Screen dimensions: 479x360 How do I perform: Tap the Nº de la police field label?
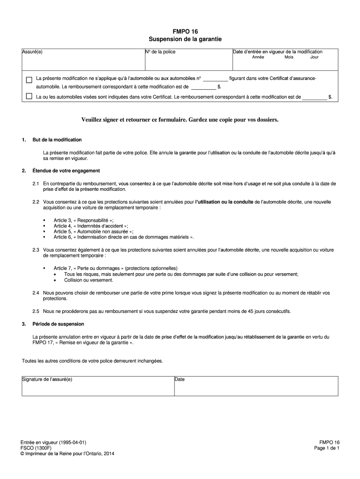click(160, 51)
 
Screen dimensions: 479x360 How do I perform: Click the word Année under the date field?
click(258, 57)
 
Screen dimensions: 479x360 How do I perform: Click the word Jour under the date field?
click(314, 57)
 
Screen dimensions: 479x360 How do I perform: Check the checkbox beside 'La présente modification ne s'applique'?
click(29, 80)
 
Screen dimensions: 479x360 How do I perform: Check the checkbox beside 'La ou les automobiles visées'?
click(29, 97)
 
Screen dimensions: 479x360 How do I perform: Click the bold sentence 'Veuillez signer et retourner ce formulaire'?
click(180, 120)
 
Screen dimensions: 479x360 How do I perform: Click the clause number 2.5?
click(36, 311)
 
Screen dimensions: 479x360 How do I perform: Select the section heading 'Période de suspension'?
click(58, 324)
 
